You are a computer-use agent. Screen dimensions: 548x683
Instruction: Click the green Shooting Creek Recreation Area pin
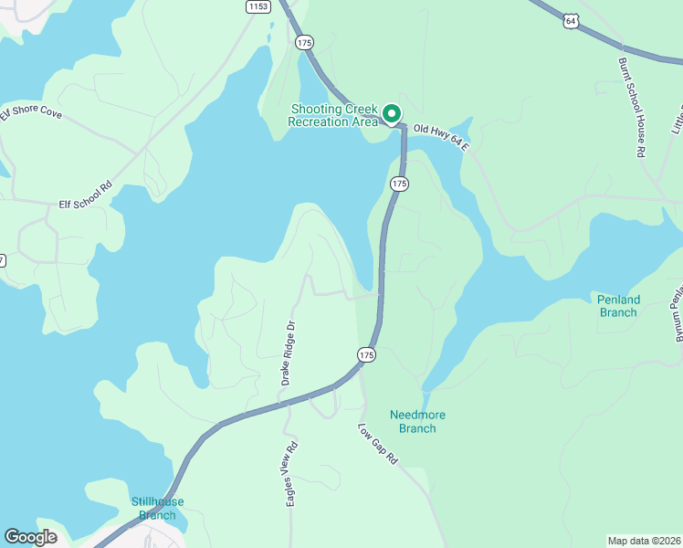[392, 114]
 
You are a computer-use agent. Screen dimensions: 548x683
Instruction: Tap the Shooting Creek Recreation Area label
[333, 115]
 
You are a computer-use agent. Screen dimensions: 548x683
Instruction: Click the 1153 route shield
[258, 6]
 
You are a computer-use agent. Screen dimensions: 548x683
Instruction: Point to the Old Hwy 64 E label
[439, 138]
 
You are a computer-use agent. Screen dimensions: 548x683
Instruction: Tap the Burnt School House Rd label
[632, 109]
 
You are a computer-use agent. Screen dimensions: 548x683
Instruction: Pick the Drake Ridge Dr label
[289, 352]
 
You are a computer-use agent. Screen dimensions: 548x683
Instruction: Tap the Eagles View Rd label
[292, 473]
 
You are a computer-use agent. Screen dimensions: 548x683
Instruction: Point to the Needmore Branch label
[418, 421]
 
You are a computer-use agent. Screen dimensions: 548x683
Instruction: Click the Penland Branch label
[618, 306]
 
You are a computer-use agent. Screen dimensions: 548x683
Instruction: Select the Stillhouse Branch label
[157, 508]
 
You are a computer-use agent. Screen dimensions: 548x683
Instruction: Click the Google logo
[30, 537]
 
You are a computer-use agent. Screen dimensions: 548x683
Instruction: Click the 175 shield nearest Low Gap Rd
[366, 354]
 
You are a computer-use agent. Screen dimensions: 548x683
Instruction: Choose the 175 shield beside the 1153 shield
[304, 42]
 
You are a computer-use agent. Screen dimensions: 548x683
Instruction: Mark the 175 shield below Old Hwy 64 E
[399, 184]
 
